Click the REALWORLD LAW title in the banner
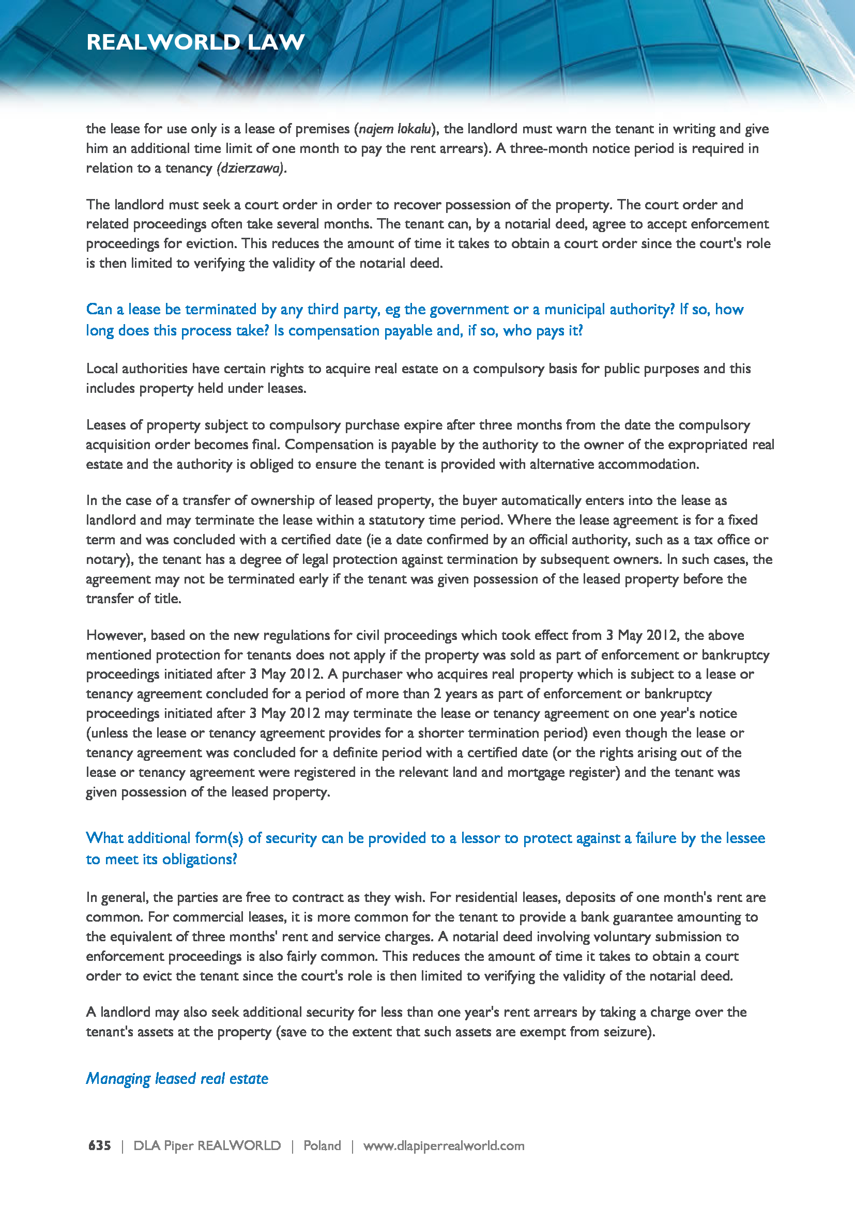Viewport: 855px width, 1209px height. pyautogui.click(x=195, y=42)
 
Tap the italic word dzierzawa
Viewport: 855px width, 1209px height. pyautogui.click(x=250, y=169)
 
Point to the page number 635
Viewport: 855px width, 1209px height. pyautogui.click(x=99, y=1145)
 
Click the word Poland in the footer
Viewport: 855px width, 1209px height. pyautogui.click(x=322, y=1145)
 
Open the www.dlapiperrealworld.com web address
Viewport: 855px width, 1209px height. pyautogui.click(x=444, y=1145)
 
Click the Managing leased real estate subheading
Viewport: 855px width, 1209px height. pyautogui.click(x=177, y=1078)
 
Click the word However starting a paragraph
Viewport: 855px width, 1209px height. pyautogui.click(x=116, y=635)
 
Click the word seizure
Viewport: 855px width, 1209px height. pyautogui.click(x=627, y=1031)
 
